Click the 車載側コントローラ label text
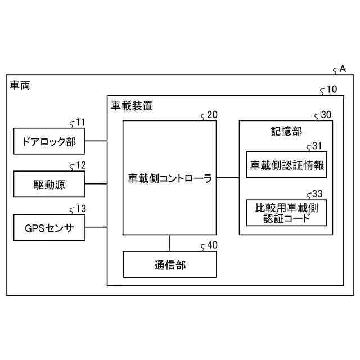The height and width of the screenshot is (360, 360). coord(170,179)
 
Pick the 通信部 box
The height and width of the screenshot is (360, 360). coord(170,265)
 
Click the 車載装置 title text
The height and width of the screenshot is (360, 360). coord(131,105)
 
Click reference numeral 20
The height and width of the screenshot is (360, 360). coord(212,115)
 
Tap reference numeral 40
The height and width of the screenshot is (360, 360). coord(212,245)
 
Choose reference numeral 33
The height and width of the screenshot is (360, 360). coord(317,193)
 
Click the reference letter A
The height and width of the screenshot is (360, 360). coord(342,69)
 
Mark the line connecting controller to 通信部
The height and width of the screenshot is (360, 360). coord(170,243)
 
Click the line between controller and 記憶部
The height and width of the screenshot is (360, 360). coord(228,178)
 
